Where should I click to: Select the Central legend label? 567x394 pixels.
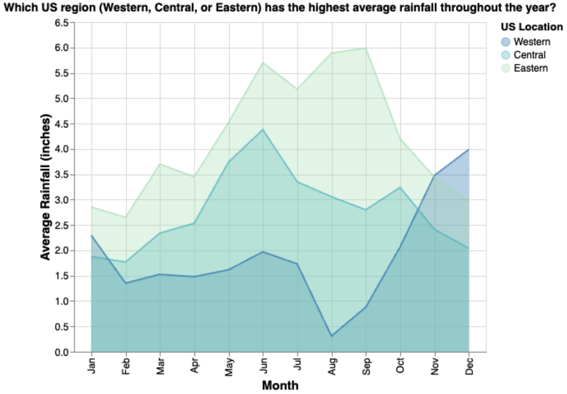click(x=529, y=55)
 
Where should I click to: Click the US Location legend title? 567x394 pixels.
click(x=531, y=27)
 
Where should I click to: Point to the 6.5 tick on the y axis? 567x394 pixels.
click(x=62, y=23)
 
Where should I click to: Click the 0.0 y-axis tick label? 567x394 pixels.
click(x=62, y=353)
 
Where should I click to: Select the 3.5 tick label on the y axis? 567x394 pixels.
click(x=62, y=175)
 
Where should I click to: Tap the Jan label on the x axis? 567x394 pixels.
click(x=92, y=366)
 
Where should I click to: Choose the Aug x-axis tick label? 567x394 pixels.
click(x=332, y=366)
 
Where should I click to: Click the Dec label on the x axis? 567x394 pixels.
click(x=469, y=366)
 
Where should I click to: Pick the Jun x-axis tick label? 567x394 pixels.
click(x=263, y=366)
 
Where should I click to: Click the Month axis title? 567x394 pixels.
click(x=280, y=385)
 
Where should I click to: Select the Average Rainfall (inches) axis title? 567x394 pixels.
click(x=46, y=187)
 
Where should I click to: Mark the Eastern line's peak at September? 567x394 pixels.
click(x=366, y=48)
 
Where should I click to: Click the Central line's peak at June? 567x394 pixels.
click(x=263, y=129)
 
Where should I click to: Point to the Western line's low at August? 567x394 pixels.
click(x=332, y=336)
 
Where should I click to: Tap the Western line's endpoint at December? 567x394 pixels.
click(x=469, y=150)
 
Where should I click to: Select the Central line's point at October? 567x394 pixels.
click(x=400, y=187)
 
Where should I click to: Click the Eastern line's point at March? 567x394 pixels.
click(x=160, y=164)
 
